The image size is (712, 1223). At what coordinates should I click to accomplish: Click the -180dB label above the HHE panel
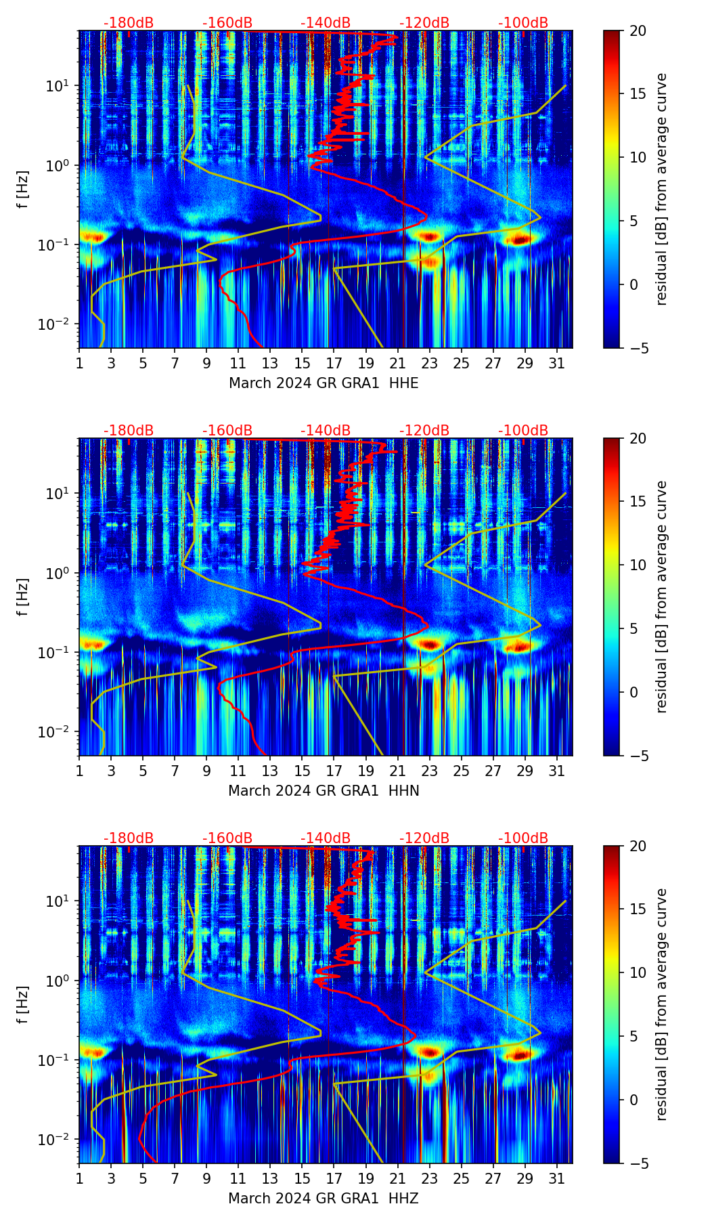pyautogui.click(x=129, y=23)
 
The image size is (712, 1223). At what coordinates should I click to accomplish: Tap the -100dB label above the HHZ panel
pyautogui.click(x=523, y=838)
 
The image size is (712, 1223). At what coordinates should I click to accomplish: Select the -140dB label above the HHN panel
pyautogui.click(x=326, y=431)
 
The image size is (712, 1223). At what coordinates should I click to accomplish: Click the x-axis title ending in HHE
pyautogui.click(x=324, y=383)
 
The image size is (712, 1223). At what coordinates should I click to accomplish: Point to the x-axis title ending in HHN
pyautogui.click(x=324, y=791)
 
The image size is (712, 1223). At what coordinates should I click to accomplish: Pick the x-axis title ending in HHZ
pyautogui.click(x=324, y=1199)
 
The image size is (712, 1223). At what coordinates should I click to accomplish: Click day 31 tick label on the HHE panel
pyautogui.click(x=557, y=364)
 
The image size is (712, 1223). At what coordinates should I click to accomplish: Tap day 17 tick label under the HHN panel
pyautogui.click(x=334, y=771)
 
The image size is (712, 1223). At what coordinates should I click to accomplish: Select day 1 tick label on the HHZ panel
pyautogui.click(x=79, y=1179)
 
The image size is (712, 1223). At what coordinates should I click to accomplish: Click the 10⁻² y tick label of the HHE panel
pyautogui.click(x=58, y=324)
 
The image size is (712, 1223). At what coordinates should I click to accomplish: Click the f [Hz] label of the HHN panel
pyautogui.click(x=23, y=597)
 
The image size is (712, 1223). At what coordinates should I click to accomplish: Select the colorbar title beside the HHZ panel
pyautogui.click(x=662, y=1004)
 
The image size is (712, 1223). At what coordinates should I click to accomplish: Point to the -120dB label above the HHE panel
pyautogui.click(x=424, y=23)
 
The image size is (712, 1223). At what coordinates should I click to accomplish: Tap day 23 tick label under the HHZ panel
pyautogui.click(x=430, y=1179)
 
